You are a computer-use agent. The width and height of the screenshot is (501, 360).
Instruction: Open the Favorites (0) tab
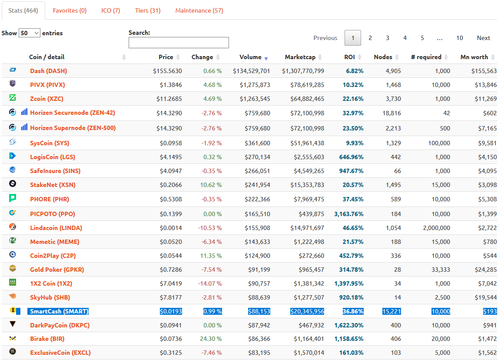(x=70, y=10)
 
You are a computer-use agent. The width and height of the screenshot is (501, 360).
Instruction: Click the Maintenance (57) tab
(x=199, y=10)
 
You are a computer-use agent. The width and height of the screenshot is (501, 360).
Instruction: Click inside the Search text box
(x=179, y=43)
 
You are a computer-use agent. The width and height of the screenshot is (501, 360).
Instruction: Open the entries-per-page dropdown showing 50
(x=30, y=33)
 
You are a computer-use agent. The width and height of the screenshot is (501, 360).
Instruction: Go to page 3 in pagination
(x=387, y=38)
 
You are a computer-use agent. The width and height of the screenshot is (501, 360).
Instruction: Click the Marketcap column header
(x=300, y=57)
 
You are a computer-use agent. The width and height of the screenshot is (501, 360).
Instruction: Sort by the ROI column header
(x=349, y=57)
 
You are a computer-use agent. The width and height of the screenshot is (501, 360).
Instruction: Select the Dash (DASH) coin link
(x=49, y=71)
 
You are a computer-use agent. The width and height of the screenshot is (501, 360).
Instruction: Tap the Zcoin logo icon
(x=13, y=97)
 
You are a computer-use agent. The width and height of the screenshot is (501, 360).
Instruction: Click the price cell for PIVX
(x=171, y=85)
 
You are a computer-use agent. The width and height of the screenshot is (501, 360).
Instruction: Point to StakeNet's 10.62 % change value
(x=211, y=185)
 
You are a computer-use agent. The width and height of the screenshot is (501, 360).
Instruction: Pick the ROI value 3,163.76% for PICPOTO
(x=348, y=214)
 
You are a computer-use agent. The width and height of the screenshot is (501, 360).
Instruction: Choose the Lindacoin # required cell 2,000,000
(x=436, y=228)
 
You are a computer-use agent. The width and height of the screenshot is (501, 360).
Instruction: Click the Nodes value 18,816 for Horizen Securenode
(x=392, y=113)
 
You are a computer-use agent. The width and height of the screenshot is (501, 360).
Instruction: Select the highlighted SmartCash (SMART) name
(x=59, y=311)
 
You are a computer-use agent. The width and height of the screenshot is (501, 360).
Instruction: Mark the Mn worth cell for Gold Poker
(x=486, y=270)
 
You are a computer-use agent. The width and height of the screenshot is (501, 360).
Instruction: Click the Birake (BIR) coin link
(x=47, y=339)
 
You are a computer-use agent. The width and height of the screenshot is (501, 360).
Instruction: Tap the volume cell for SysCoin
(x=257, y=143)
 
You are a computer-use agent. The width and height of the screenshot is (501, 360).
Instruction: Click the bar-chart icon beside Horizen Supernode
(x=24, y=127)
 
